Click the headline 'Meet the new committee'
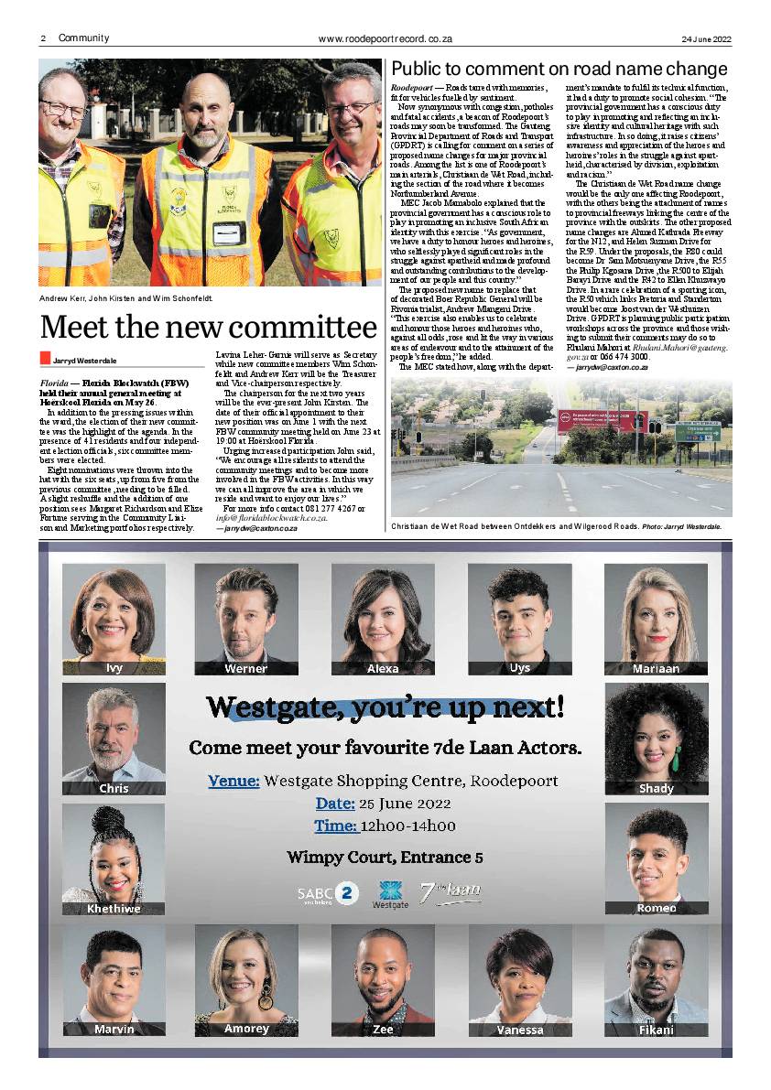point(208,328)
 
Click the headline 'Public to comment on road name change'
point(559,70)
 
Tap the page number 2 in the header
point(43,38)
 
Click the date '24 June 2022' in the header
point(706,39)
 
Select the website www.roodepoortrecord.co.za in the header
point(385,39)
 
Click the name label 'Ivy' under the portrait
point(114,667)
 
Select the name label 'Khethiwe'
point(114,909)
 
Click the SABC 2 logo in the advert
point(328,894)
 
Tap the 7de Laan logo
point(450,891)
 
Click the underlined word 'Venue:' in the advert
point(233,782)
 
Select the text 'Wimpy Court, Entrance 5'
point(385,858)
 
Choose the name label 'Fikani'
point(656,1029)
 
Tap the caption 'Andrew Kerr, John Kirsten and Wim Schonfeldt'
point(126,298)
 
